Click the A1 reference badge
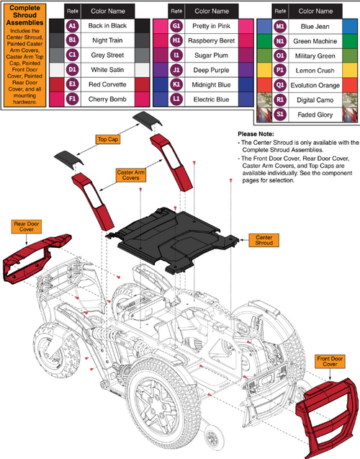(72, 25)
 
